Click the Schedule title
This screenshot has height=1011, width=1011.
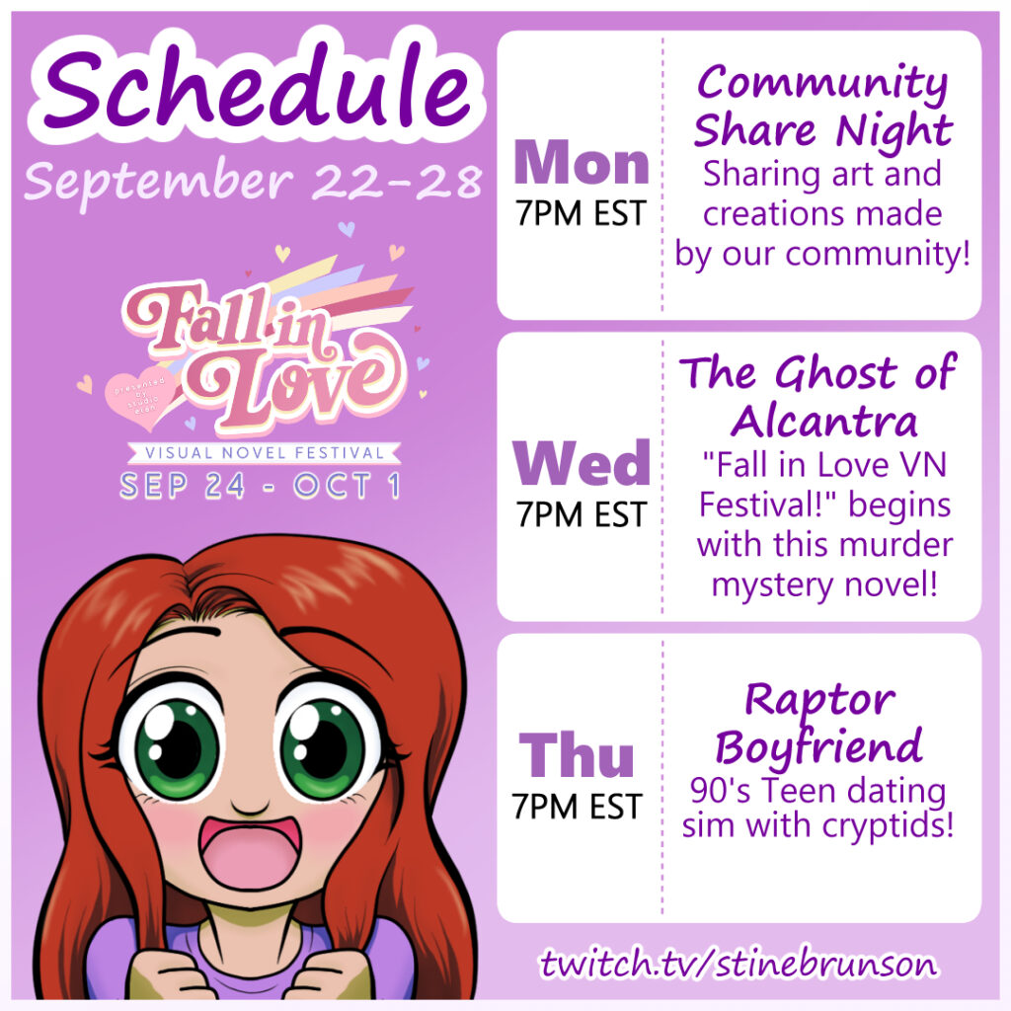pyautogui.click(x=258, y=86)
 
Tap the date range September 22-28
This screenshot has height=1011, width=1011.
pyautogui.click(x=254, y=183)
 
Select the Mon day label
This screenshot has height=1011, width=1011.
pyautogui.click(x=581, y=163)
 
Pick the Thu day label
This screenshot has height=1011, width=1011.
pyautogui.click(x=577, y=754)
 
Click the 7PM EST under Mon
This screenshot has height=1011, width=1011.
pyautogui.click(x=581, y=213)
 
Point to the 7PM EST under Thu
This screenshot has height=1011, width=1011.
pyautogui.click(x=577, y=807)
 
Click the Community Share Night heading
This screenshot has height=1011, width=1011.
pyautogui.click(x=822, y=107)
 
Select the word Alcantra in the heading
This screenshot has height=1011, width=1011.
pyautogui.click(x=824, y=422)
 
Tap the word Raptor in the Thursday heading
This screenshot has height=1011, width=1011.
pyautogui.click(x=820, y=701)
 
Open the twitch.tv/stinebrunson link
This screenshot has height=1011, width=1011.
pyautogui.click(x=739, y=964)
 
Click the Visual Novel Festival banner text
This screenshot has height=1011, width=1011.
pyautogui.click(x=265, y=452)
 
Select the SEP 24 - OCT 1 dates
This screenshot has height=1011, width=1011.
pyautogui.click(x=260, y=486)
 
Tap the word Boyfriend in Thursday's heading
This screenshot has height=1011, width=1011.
pyautogui.click(x=818, y=748)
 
